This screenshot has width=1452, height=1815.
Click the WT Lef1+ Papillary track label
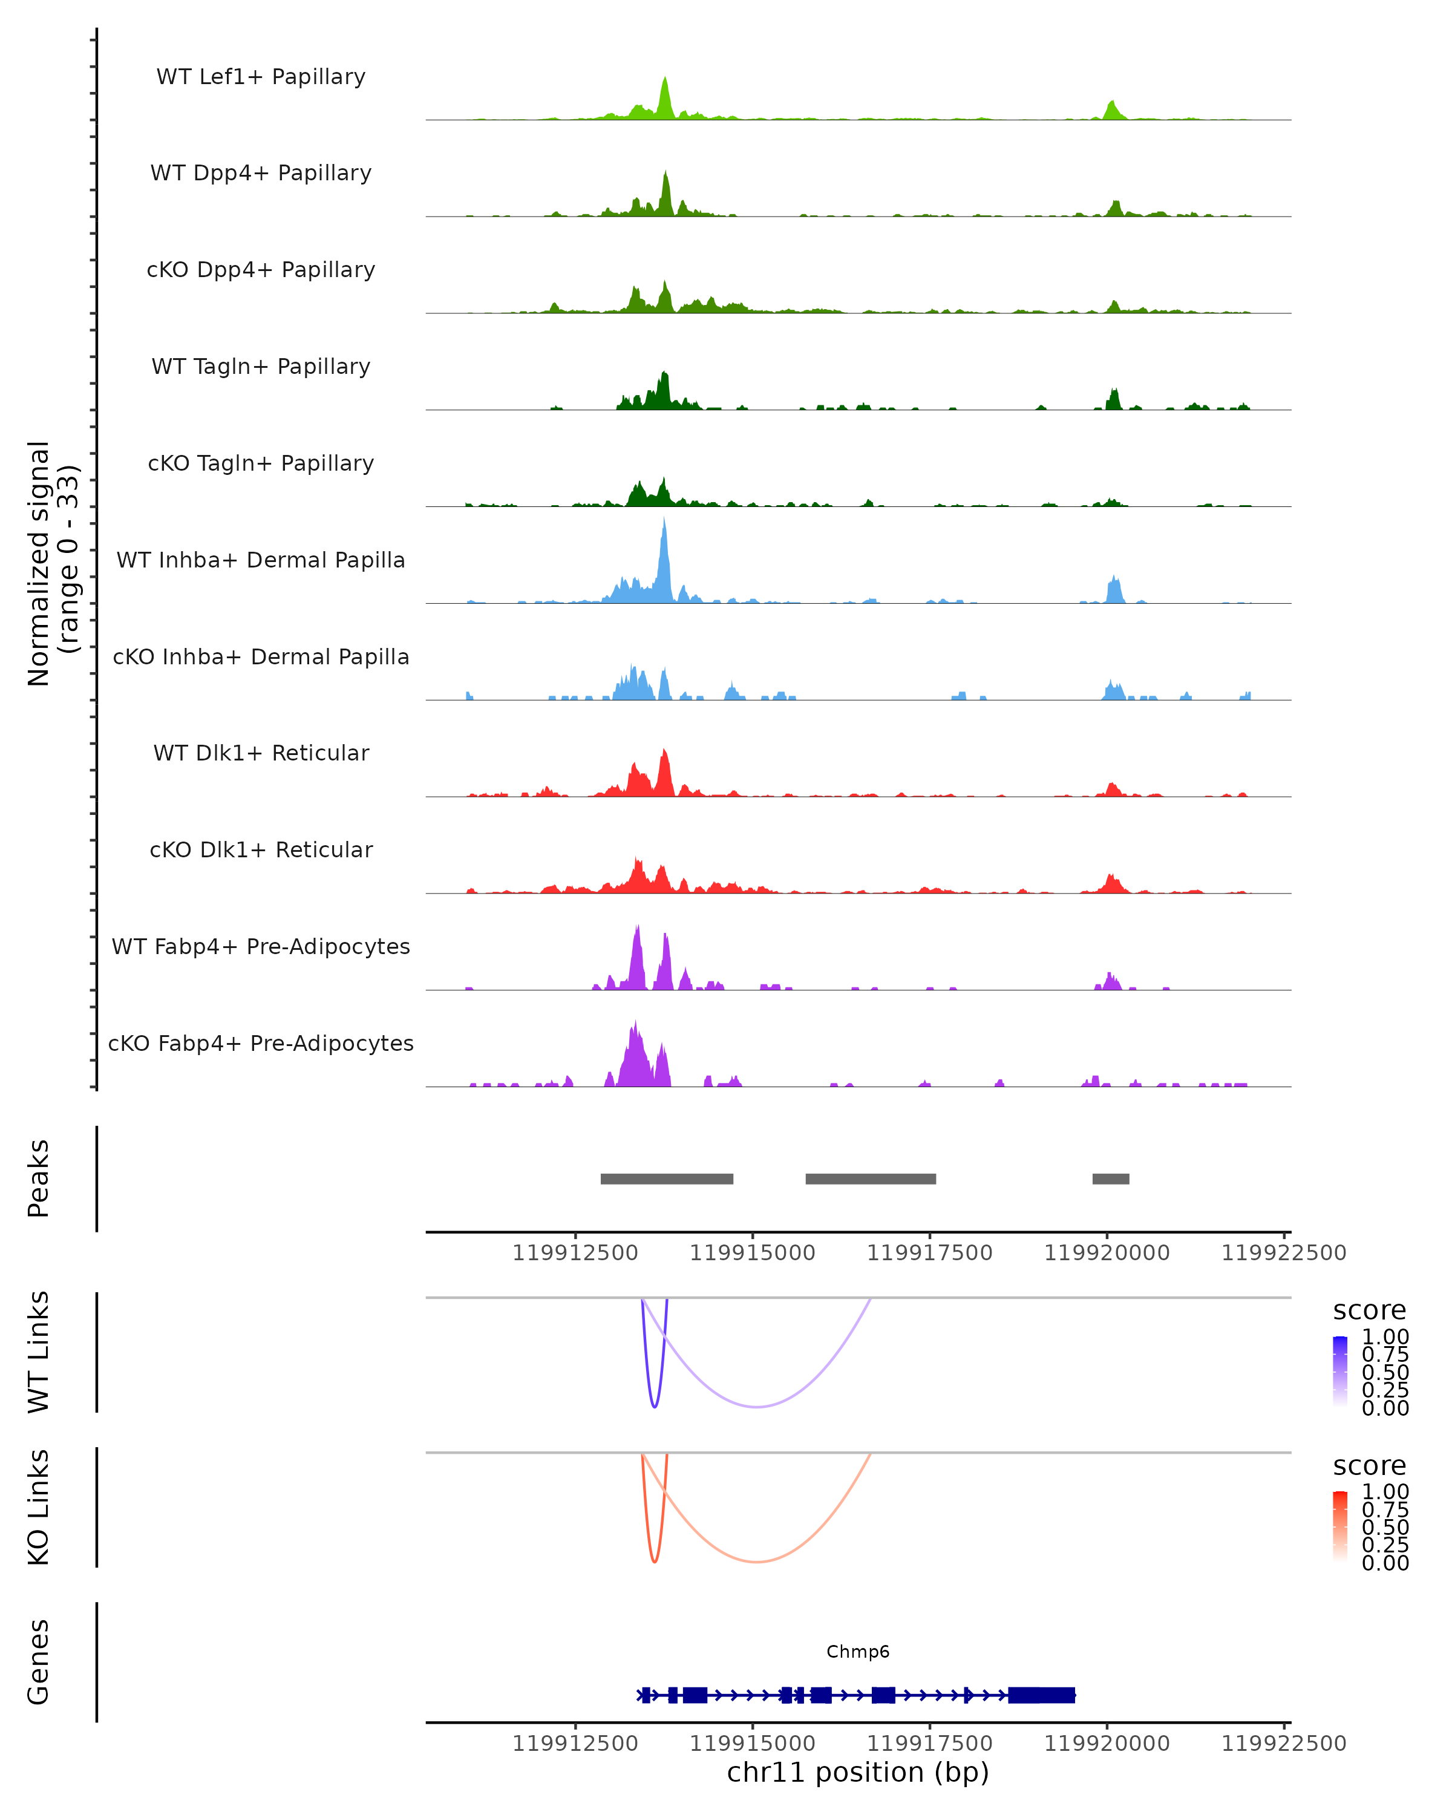[x=261, y=77]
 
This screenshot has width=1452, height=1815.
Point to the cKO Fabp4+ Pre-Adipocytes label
[x=261, y=1043]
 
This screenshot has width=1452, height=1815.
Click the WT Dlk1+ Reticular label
[x=261, y=753]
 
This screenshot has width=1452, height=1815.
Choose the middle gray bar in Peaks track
[x=871, y=1179]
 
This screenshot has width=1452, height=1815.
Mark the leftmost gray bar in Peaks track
[x=667, y=1179]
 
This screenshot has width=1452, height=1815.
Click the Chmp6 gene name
[x=858, y=1652]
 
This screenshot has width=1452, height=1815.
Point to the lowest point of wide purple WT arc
[x=757, y=1407]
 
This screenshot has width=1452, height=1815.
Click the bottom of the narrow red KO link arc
[x=655, y=1562]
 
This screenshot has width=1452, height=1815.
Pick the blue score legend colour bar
[x=1340, y=1370]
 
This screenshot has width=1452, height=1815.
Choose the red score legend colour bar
[x=1340, y=1525]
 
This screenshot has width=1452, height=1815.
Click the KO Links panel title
[x=39, y=1507]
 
